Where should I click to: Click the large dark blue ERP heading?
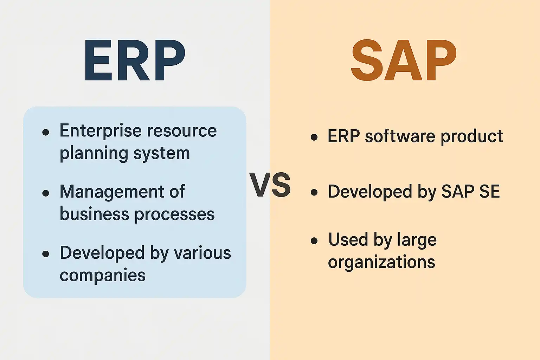tap(135, 60)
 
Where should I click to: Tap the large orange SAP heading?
tap(404, 60)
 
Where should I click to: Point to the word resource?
tap(182, 131)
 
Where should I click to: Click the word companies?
tap(103, 276)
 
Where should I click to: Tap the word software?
tap(400, 136)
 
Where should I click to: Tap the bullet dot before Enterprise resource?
tap(46, 132)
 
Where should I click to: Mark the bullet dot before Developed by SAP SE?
tap(314, 192)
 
